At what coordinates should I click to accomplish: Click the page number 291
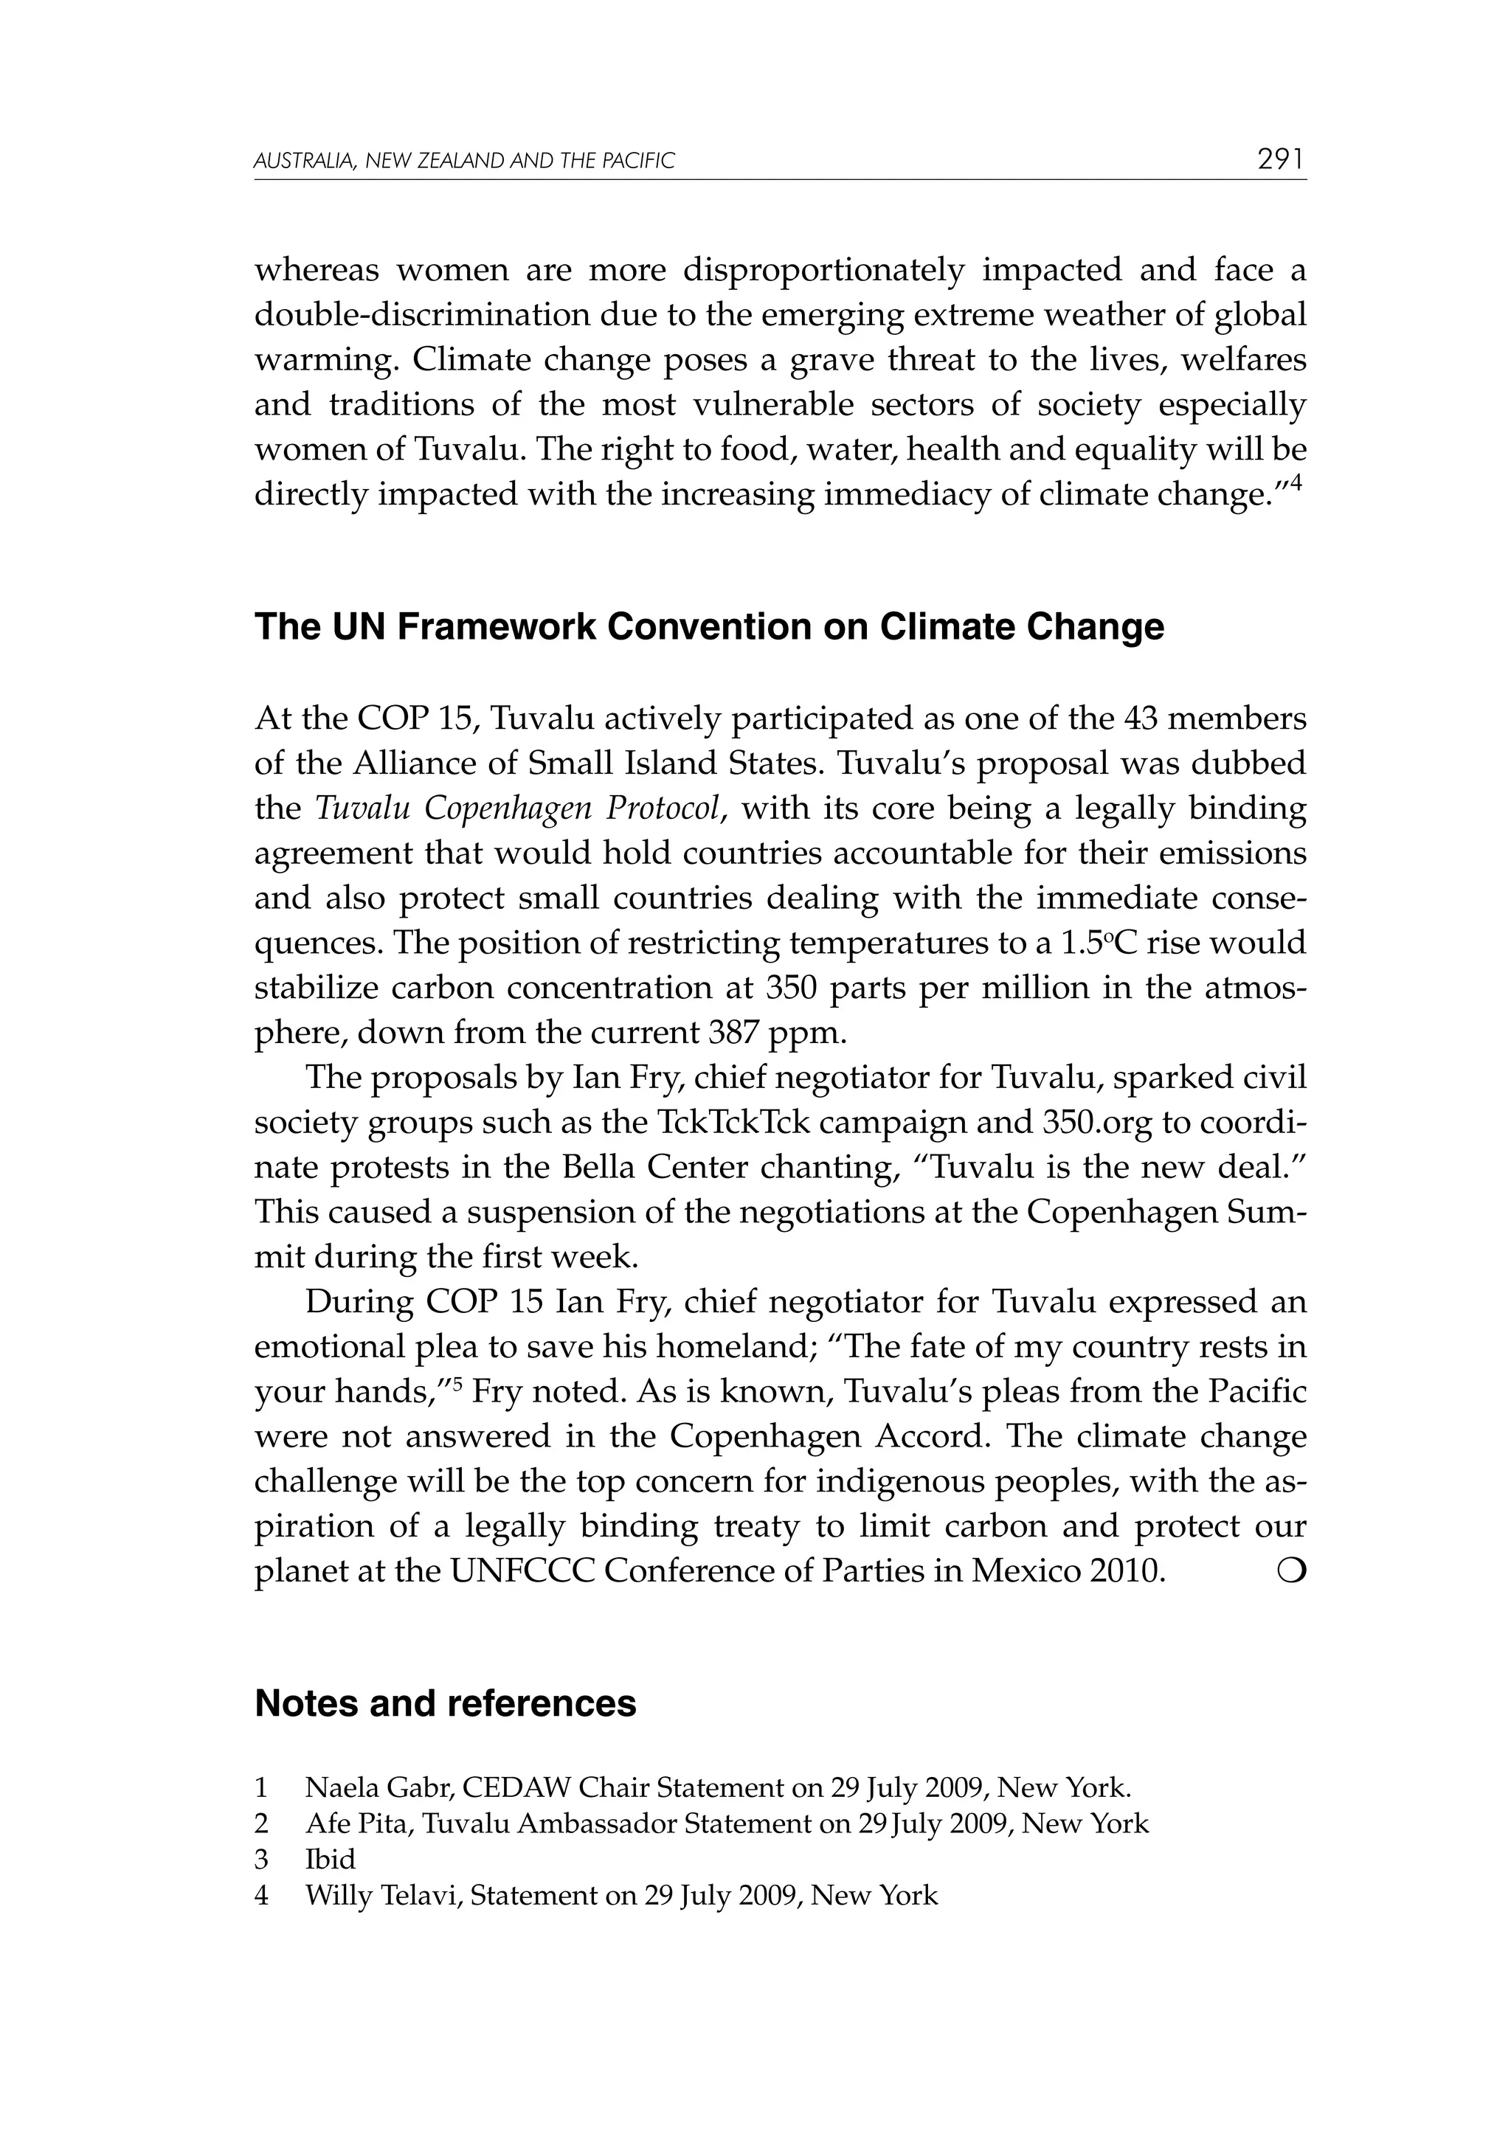[x=1281, y=160]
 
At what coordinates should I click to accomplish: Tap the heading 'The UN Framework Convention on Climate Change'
[x=708, y=627]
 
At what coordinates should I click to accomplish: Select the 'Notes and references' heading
[x=445, y=1703]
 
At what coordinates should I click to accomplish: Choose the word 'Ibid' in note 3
[x=330, y=1860]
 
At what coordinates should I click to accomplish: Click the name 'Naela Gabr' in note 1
[x=377, y=1788]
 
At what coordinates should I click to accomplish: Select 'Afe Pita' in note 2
[x=359, y=1823]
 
